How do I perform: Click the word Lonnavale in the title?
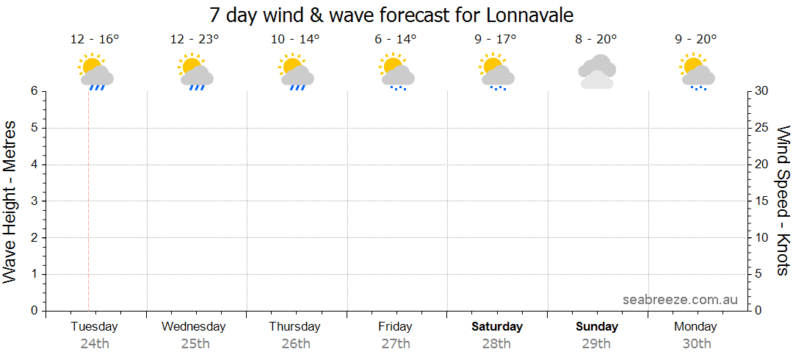(x=529, y=15)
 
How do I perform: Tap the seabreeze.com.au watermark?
(x=680, y=299)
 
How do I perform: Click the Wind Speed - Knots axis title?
(x=783, y=200)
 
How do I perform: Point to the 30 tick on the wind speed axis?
(x=762, y=91)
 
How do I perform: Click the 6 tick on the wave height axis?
(x=34, y=91)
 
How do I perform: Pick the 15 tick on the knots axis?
(x=762, y=201)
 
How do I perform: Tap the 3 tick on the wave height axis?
(x=34, y=201)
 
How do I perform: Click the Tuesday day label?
(x=94, y=326)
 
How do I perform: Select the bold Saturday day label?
(x=497, y=326)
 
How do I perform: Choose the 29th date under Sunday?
(x=596, y=343)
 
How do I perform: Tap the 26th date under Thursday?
(x=294, y=343)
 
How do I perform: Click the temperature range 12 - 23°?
(x=195, y=40)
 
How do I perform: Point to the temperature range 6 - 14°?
(x=396, y=40)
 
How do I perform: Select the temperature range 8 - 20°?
(x=596, y=40)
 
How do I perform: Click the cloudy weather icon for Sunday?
(x=596, y=72)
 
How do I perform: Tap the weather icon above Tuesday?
(x=95, y=71)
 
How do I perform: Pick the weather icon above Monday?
(x=697, y=71)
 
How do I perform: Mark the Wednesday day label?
(x=194, y=326)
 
